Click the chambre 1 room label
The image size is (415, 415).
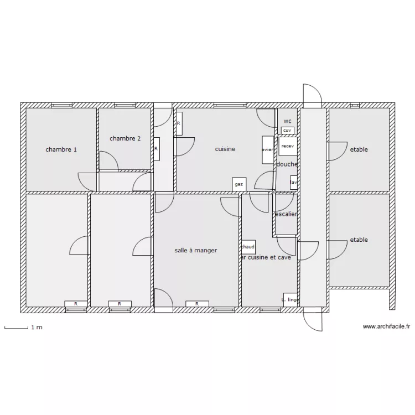click(61, 149)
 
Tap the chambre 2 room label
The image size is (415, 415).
click(125, 138)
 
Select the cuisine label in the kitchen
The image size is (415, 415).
click(225, 149)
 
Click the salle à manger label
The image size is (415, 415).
click(196, 251)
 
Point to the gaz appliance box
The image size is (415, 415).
click(239, 184)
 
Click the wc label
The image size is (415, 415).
click(287, 121)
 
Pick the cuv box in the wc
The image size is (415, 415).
click(287, 131)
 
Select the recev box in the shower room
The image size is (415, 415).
click(287, 147)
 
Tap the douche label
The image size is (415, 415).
click(287, 164)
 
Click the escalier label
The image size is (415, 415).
click(286, 214)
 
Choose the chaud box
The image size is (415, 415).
click(248, 247)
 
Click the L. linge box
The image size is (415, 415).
click(290, 299)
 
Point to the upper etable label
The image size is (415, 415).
click(359, 149)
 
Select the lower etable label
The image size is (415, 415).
click(359, 240)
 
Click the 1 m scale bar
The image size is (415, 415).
click(17, 328)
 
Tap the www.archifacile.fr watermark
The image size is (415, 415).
click(386, 327)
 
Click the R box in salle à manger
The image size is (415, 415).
click(196, 304)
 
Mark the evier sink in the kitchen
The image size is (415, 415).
click(268, 150)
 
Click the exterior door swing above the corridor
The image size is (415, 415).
click(311, 95)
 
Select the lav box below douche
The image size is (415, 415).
click(294, 182)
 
